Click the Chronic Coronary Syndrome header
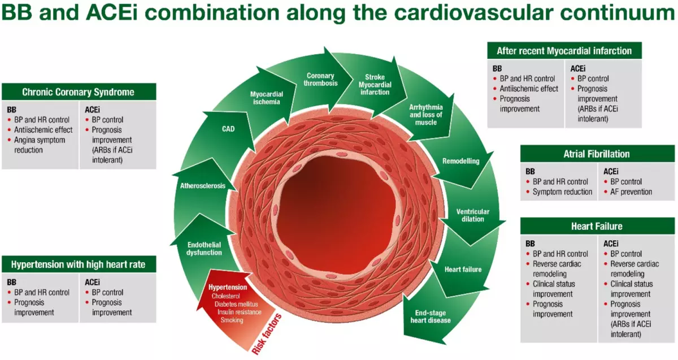[79, 92]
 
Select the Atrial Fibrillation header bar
[597, 154]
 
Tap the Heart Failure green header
[597, 226]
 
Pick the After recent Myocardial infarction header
[564, 51]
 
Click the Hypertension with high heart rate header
[79, 264]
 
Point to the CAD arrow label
[228, 129]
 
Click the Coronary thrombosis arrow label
[320, 79]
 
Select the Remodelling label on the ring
[460, 161]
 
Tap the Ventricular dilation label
[473, 215]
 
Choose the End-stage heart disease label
[433, 316]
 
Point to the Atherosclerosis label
[203, 186]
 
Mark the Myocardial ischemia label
[267, 98]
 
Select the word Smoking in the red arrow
[232, 320]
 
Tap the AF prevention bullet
[631, 192]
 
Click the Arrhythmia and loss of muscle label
[425, 114]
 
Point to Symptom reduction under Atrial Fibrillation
[562, 192]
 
